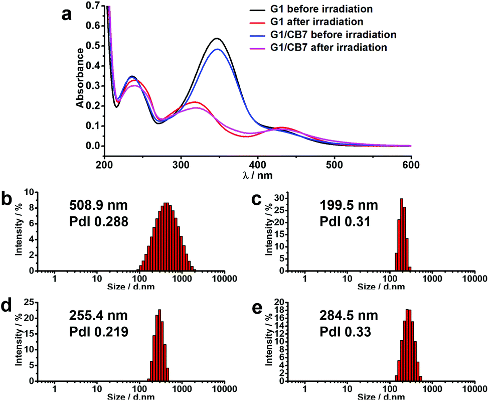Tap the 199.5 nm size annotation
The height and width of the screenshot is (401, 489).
tap(349, 205)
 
